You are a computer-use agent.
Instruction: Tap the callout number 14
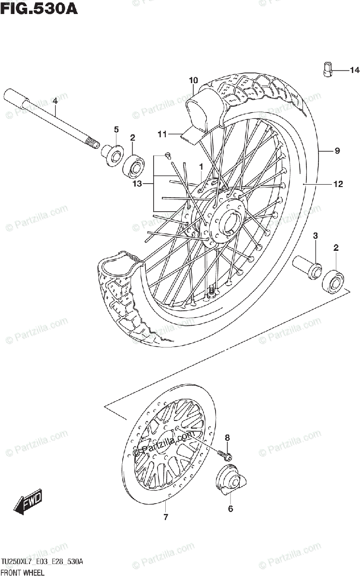[354, 71]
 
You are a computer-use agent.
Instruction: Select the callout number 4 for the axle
[55, 101]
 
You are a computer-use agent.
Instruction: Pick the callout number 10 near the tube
[193, 80]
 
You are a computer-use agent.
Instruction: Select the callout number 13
[138, 184]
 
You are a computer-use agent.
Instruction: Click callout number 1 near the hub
[199, 167]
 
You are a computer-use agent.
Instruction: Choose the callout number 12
[337, 184]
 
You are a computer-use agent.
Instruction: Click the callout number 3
[315, 236]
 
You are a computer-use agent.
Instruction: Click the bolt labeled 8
[225, 454]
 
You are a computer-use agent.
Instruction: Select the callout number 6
[230, 508]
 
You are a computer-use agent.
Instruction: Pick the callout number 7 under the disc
[166, 518]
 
